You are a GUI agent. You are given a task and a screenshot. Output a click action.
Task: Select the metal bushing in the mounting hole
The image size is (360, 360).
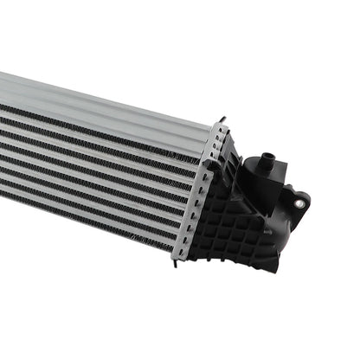click(299, 202)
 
